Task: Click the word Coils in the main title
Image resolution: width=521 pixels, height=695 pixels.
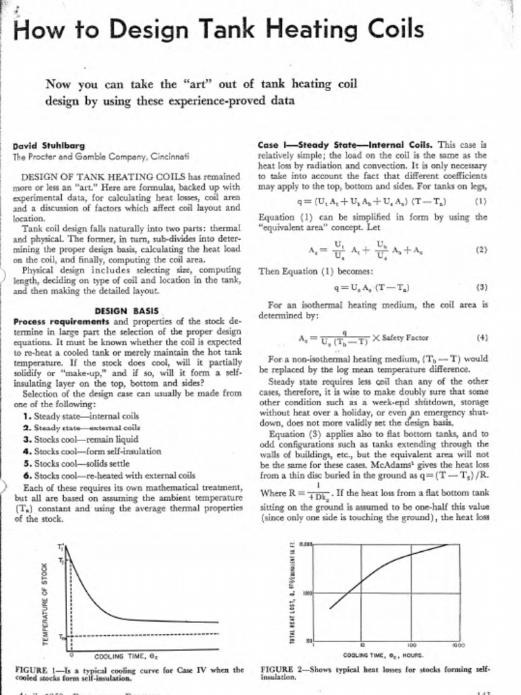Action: (387, 29)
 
